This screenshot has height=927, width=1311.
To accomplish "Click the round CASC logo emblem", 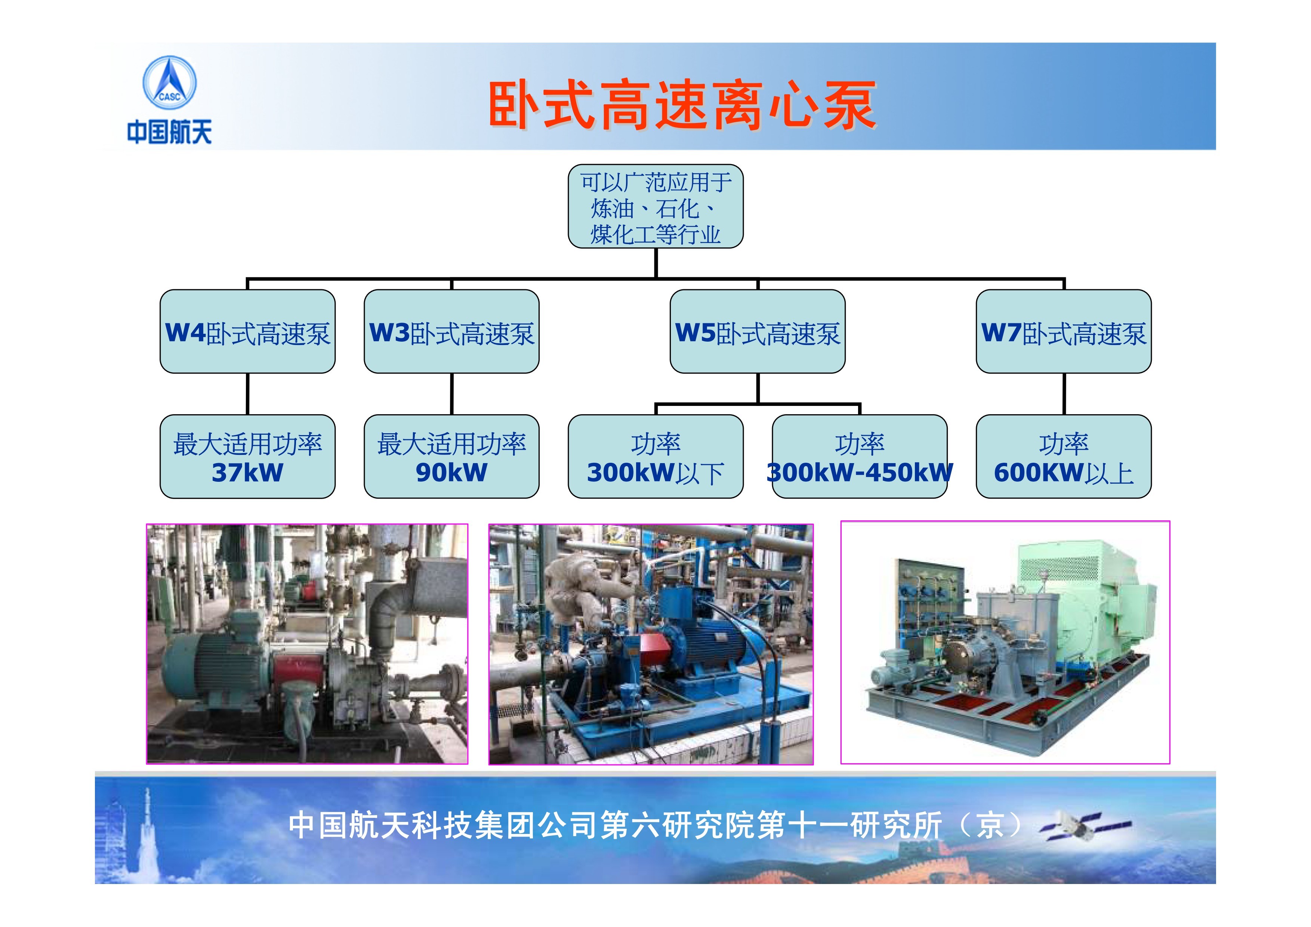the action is tap(169, 83).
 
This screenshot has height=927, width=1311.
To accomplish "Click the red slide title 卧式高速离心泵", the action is tap(682, 106).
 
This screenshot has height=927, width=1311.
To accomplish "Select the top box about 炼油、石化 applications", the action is tap(655, 206).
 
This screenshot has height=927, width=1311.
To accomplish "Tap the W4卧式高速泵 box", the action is tap(247, 331).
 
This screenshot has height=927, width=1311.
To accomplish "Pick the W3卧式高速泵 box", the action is tap(452, 331).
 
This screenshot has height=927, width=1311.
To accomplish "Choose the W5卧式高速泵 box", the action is tap(758, 331).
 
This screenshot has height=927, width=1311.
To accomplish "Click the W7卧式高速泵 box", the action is tap(1064, 331).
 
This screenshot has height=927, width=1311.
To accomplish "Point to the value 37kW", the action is tap(247, 472).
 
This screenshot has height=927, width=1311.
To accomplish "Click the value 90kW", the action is tap(452, 472).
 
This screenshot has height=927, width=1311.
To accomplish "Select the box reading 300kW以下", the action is tap(655, 456).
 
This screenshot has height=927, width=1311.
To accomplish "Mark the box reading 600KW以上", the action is tap(1064, 456).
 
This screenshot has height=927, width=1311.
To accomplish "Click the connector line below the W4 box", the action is tap(247, 394).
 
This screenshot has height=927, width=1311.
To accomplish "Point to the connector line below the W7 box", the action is tap(1064, 394).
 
